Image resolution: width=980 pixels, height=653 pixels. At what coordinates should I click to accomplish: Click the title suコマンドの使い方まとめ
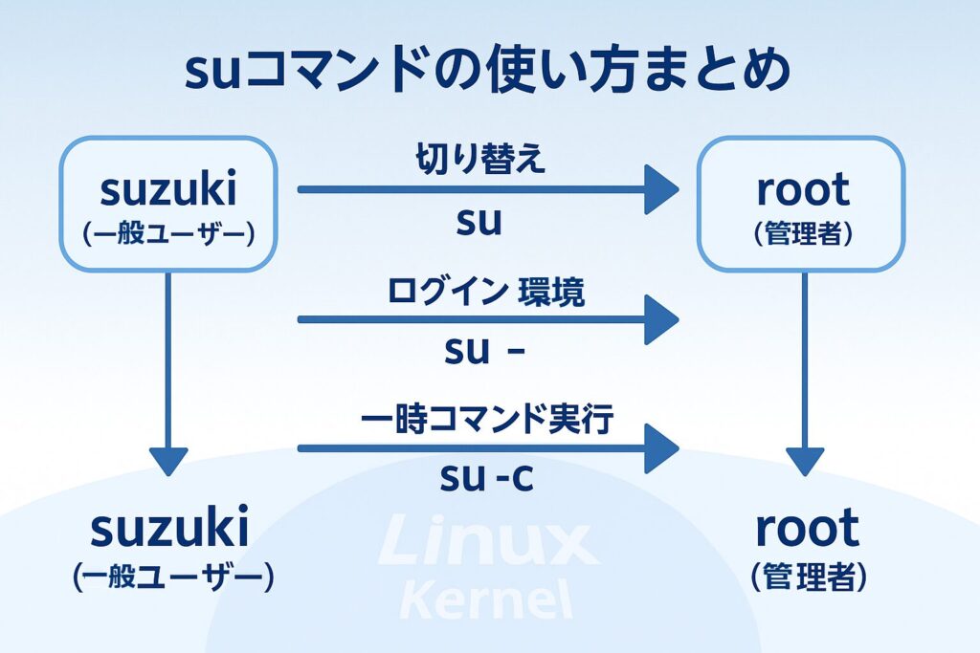point(489,74)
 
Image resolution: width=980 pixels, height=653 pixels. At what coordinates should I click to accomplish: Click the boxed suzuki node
point(168,203)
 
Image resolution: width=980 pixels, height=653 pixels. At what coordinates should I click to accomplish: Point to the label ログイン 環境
point(486,292)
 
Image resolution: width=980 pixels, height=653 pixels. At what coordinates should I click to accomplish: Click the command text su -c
point(486,477)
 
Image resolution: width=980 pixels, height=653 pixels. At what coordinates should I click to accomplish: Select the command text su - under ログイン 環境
point(484,351)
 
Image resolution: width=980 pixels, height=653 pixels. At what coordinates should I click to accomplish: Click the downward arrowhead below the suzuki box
point(168,461)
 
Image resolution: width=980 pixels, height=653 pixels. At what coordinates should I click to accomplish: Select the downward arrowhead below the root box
point(804,461)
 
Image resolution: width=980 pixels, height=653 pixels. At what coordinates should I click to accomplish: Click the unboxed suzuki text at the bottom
point(168,529)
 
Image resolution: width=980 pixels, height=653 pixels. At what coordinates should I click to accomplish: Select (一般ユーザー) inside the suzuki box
point(168,233)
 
